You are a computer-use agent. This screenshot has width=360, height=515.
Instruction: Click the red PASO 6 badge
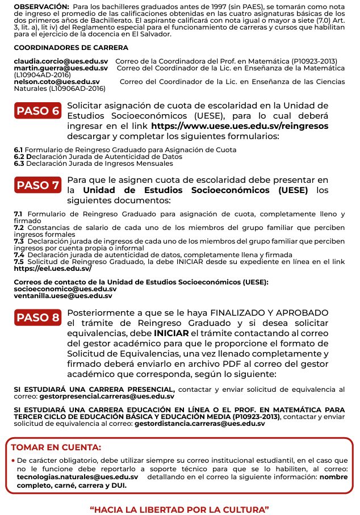(38, 110)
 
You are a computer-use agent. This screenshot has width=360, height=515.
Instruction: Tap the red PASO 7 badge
(38, 185)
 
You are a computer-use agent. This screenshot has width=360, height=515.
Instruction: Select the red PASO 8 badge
(38, 317)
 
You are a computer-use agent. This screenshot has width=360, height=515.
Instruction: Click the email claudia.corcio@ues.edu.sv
(61, 61)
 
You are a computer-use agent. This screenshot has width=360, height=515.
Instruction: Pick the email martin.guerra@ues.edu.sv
(61, 68)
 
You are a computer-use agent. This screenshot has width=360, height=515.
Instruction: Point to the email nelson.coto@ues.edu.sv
(56, 82)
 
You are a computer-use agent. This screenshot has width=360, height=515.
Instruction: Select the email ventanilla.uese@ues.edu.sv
(63, 296)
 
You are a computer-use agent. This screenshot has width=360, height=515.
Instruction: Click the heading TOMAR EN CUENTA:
(56, 447)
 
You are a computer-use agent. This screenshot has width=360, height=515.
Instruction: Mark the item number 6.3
(19, 164)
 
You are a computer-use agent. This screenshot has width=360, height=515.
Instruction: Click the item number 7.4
(19, 255)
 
